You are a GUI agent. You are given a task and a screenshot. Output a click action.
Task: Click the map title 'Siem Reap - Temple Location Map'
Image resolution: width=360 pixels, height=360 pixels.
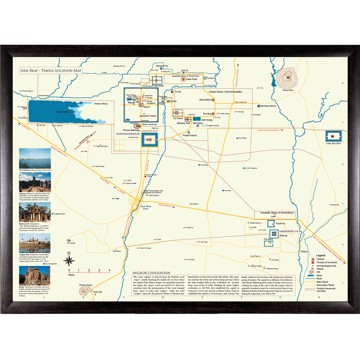(x=51, y=71)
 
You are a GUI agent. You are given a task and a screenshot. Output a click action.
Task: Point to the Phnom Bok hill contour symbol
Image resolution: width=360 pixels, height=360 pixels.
(x=290, y=78)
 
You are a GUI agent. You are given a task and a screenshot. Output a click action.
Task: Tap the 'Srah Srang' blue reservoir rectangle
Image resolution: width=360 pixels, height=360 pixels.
(x=196, y=118)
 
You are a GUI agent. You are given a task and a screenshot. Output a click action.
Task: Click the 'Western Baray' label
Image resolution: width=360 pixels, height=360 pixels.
(x=101, y=104)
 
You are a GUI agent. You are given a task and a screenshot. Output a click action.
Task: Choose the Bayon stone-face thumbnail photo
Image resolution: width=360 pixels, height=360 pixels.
(x=34, y=275)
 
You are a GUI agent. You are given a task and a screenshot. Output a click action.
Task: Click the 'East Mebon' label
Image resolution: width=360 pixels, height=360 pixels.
(x=205, y=99)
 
